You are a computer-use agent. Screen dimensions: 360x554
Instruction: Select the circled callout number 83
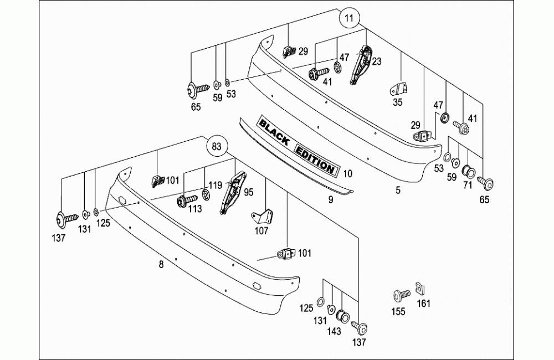(x=217, y=147)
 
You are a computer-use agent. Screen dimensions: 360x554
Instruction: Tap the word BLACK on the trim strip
(x=274, y=132)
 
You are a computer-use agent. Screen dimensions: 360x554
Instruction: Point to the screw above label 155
(x=401, y=295)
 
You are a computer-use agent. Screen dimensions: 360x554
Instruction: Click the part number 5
(x=398, y=190)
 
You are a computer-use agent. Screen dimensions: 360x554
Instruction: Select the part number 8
(x=161, y=265)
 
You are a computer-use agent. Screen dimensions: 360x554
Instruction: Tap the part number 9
(x=330, y=200)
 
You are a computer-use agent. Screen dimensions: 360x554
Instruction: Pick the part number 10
(x=347, y=173)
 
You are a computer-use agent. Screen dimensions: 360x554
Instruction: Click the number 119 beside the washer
(x=215, y=184)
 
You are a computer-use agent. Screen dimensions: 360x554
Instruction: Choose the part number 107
(x=261, y=231)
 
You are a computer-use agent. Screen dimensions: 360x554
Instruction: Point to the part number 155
(x=399, y=312)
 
